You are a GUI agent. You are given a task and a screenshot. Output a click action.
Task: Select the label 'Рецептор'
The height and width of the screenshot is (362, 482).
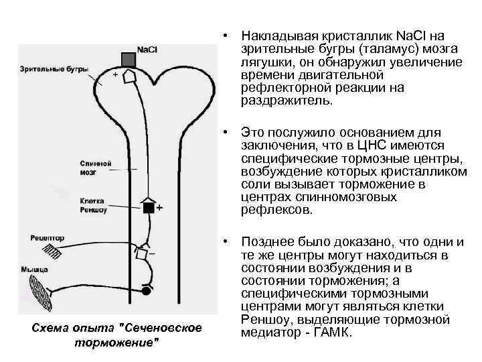click(48, 237)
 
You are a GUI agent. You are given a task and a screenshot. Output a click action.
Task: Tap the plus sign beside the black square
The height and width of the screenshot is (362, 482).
click(159, 208)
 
